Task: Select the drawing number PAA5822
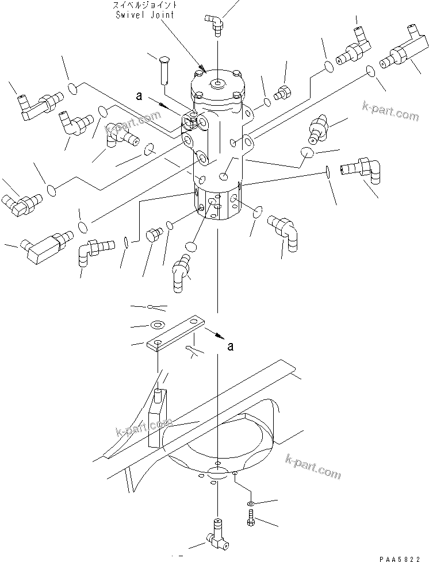[404, 555]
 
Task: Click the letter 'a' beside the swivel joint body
[139, 97]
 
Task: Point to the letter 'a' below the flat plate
[231, 347]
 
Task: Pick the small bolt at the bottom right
[252, 516]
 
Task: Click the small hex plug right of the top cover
[283, 91]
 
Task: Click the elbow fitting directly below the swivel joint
[182, 268]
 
